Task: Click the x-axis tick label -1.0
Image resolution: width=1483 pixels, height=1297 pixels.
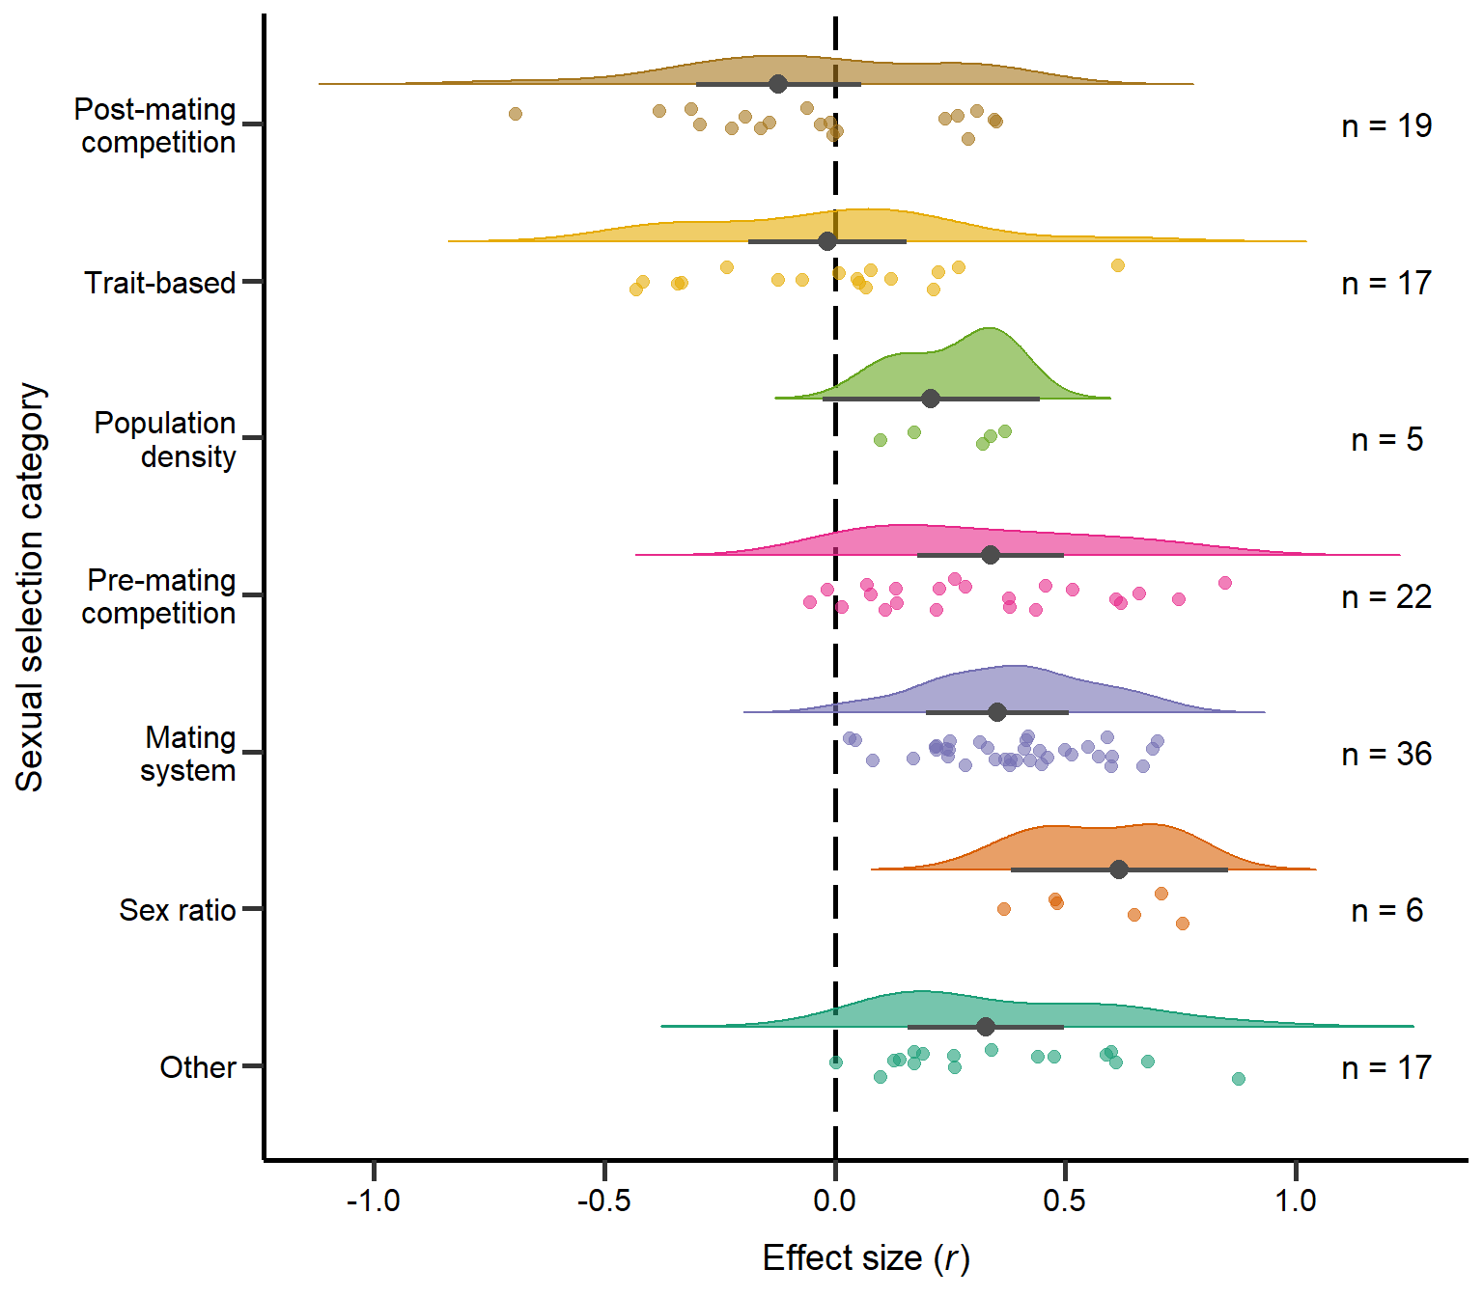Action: coord(373,1200)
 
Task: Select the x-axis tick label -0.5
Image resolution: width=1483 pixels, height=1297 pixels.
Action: coord(603,1200)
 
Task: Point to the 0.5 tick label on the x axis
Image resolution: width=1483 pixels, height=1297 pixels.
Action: coord(1064,1200)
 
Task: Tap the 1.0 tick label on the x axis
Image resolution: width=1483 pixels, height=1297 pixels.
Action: coord(1295,1200)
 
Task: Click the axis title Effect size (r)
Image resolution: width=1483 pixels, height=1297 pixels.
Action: coord(866,1258)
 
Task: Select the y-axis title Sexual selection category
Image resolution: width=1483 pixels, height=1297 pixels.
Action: coord(30,587)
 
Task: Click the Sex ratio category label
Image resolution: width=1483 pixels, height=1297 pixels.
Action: coord(178,910)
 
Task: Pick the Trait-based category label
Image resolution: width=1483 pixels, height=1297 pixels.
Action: coord(160,283)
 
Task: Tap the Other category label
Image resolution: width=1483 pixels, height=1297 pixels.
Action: coord(198,1067)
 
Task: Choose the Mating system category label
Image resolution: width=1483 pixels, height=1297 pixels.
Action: coord(188,754)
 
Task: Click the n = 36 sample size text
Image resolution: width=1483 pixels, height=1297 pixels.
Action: coord(1386,754)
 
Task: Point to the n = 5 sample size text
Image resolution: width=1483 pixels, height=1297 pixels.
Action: coord(1386,440)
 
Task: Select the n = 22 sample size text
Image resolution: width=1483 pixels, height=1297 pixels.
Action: coord(1386,597)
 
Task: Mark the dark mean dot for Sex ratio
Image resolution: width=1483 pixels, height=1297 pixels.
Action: coord(1119,869)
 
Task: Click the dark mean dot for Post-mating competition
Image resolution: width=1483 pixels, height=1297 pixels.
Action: coord(778,84)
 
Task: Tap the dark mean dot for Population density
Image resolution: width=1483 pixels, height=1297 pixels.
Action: coord(931,399)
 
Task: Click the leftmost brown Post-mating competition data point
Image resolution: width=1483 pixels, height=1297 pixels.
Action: coord(516,114)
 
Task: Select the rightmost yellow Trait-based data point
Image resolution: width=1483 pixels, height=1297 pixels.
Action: coord(1118,265)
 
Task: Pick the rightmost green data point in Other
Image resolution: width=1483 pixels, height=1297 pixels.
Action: coord(1239,1079)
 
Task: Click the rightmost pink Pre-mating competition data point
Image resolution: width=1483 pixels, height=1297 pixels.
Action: coord(1225,583)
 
